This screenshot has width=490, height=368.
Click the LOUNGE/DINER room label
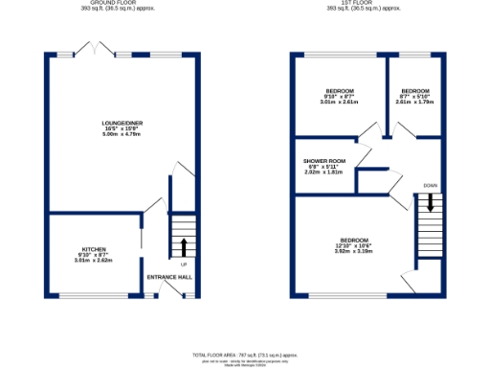(122, 123)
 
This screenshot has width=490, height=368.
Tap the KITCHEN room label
(93, 248)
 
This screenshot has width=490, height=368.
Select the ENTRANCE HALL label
(169, 278)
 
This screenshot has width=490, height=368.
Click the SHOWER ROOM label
(323, 161)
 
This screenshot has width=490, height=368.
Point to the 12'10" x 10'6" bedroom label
(354, 240)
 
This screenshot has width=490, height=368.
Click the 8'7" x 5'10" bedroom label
(415, 90)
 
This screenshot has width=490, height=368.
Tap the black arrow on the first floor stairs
(431, 203)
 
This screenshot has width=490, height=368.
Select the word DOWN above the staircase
(431, 186)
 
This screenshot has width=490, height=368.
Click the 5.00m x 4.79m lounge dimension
(122, 134)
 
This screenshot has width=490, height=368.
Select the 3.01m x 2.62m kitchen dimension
(93, 260)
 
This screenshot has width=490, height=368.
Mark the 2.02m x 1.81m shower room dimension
(323, 172)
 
